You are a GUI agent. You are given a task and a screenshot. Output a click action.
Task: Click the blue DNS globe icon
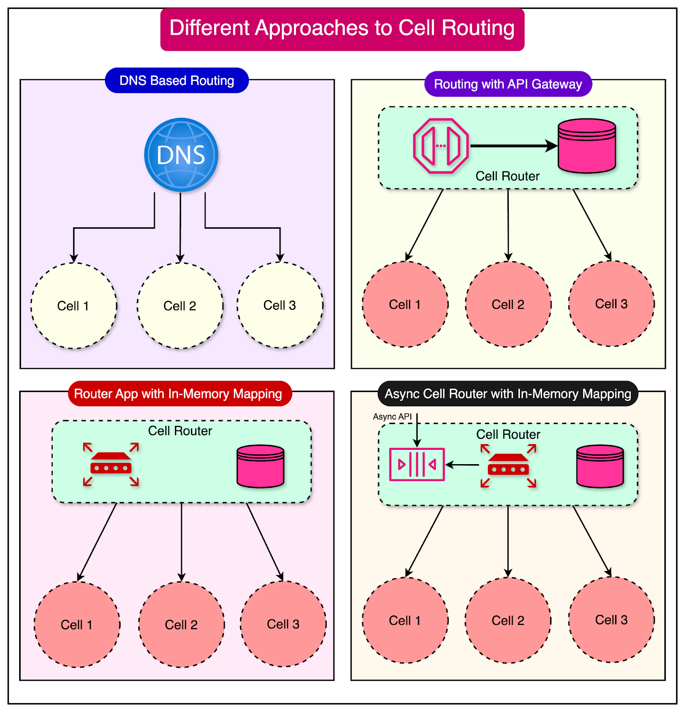[181, 155]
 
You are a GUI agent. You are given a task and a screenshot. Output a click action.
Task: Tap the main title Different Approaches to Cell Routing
[342, 28]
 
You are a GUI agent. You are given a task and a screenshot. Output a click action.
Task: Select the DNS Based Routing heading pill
[177, 81]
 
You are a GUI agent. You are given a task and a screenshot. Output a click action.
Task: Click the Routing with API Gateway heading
[508, 84]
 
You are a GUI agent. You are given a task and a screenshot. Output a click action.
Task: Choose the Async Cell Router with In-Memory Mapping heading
[507, 394]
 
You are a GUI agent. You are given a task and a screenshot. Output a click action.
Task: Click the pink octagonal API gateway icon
[441, 146]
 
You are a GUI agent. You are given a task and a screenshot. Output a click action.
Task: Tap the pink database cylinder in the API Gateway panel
[587, 146]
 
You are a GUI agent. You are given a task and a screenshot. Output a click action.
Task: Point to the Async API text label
[392, 417]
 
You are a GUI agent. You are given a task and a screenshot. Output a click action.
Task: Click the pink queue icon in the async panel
[417, 465]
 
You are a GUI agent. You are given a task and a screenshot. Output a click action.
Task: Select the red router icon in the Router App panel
[111, 465]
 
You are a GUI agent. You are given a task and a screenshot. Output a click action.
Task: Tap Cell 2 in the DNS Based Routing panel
[180, 306]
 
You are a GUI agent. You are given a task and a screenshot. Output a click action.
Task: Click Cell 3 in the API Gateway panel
[611, 304]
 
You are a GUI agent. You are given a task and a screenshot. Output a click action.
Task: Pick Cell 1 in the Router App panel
[77, 624]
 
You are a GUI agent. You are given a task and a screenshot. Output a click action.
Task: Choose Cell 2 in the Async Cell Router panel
[508, 620]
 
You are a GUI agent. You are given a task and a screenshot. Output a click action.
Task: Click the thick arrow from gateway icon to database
[512, 146]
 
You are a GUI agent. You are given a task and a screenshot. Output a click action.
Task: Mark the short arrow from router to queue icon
[462, 465]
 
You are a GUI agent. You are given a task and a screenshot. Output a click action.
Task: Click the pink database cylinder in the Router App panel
[260, 466]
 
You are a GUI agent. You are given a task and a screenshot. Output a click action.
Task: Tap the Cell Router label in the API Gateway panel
[507, 176]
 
